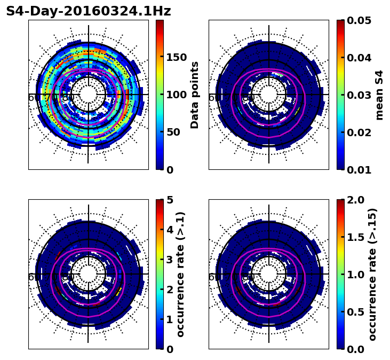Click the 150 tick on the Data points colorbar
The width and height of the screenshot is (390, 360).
(176, 58)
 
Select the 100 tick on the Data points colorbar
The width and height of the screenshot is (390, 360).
(176, 95)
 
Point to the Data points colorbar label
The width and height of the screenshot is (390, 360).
(195, 95)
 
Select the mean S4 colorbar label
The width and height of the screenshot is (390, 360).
(379, 95)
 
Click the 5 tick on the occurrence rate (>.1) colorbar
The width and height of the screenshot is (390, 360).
(169, 200)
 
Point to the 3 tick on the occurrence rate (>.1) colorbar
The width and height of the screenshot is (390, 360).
(169, 260)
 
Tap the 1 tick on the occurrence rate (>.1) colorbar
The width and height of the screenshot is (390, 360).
(169, 319)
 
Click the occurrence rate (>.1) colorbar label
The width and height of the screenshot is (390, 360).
(180, 275)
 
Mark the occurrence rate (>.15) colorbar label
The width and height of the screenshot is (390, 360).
(372, 275)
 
